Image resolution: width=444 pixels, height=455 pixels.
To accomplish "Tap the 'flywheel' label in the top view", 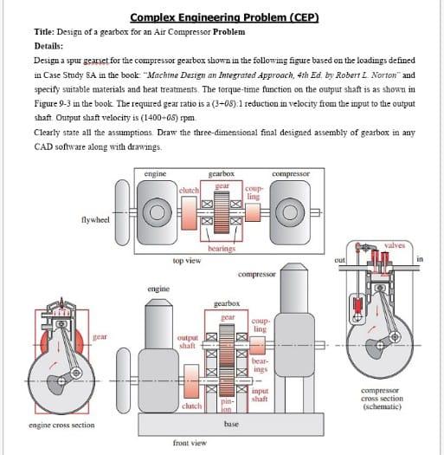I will [94, 220].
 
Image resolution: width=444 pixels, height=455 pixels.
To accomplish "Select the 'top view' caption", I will [187, 260].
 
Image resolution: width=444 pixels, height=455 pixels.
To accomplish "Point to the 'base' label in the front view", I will [231, 424].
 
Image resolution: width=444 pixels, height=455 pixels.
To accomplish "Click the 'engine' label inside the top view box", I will [157, 174].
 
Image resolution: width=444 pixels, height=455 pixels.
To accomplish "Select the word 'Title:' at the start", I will [45, 31].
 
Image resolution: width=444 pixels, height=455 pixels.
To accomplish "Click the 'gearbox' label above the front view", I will [227, 304].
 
